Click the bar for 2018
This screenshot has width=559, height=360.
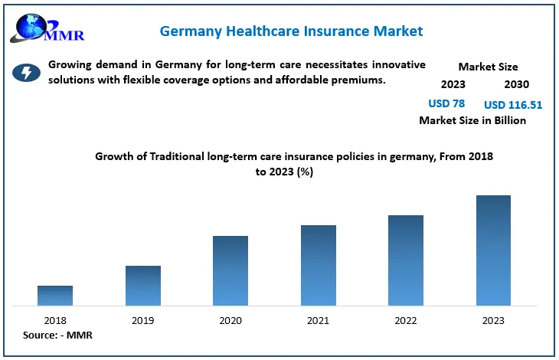[55, 296]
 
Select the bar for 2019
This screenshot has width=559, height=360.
[143, 286]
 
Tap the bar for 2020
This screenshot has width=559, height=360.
[230, 270]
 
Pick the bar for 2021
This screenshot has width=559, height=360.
[319, 265]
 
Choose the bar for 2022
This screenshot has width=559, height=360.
[406, 260]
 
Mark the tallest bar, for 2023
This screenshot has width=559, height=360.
[493, 250]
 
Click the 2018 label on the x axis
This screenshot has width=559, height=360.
[55, 320]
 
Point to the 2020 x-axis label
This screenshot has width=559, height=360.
[230, 320]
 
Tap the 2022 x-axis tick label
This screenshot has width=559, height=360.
[406, 320]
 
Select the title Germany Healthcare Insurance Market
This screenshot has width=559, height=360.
[291, 31]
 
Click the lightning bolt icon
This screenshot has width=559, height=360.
[27, 73]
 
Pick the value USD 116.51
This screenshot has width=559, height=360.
[513, 104]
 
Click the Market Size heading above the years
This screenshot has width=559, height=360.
[488, 67]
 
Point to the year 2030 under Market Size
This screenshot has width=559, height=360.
[516, 84]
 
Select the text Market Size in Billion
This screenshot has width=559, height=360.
[472, 120]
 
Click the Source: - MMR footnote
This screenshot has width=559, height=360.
[57, 335]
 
